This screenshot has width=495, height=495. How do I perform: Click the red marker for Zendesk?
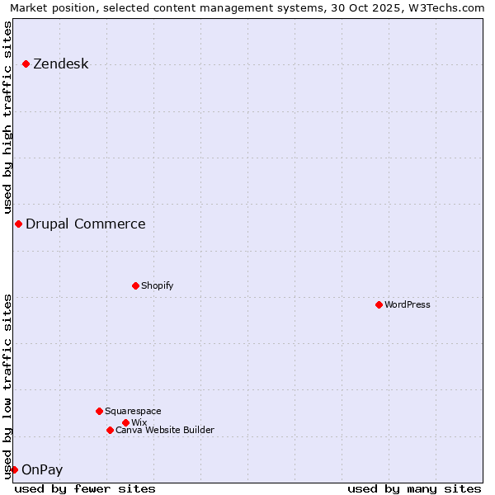pos(26,64)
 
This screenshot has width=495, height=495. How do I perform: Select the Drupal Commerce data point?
pos(18,224)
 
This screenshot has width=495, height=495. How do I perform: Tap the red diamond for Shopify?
pos(135,285)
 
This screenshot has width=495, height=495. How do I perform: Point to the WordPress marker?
pos(379,304)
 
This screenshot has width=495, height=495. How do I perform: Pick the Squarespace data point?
pos(99,411)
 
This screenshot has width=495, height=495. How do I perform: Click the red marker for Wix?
pos(125,422)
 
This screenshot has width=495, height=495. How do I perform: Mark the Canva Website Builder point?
pos(110,430)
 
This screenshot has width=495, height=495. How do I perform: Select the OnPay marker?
pos(14,469)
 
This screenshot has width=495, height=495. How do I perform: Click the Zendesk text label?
pos(60,64)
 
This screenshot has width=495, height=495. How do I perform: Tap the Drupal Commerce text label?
pos(85,224)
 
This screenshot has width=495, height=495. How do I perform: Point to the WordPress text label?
pos(408,304)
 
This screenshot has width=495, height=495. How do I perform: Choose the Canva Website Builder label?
pos(165,430)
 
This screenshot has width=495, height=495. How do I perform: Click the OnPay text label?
pos(41,470)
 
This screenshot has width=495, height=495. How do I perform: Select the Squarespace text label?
pos(133,411)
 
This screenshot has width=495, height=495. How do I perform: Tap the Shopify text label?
pos(157,285)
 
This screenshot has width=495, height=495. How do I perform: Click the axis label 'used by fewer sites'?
pos(85,488)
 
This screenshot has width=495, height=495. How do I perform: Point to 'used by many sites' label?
pos(414,488)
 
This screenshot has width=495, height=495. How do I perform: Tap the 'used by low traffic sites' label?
pos(7,386)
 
